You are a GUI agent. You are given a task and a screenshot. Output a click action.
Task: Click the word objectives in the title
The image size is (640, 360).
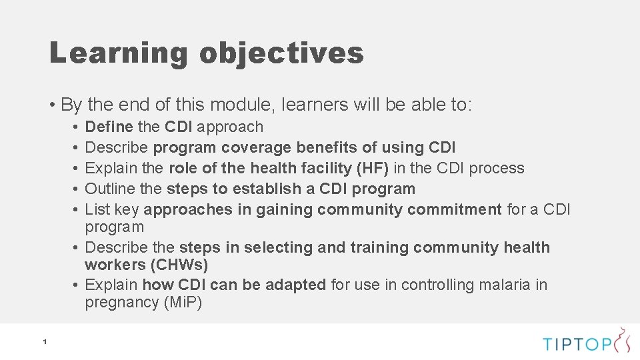[281, 53]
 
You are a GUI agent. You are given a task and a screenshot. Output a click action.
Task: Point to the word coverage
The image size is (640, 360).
[257, 147]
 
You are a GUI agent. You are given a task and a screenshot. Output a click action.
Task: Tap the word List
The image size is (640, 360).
[98, 209]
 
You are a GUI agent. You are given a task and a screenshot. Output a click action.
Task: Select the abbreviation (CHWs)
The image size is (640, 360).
[180, 265]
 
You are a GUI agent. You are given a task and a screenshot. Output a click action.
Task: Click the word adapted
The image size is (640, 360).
[296, 285]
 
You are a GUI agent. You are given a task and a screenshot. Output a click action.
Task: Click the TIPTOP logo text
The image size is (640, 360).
[577, 344]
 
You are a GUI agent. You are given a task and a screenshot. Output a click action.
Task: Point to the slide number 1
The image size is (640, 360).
[44, 342]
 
